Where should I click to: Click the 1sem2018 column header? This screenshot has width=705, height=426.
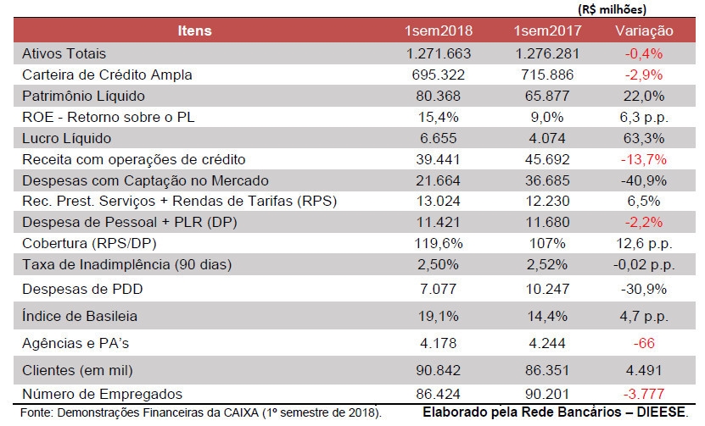(x=439, y=30)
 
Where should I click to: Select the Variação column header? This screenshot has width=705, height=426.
(x=644, y=30)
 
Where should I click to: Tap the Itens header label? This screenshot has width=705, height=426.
(x=194, y=30)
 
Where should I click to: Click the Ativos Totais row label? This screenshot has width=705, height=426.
(x=64, y=53)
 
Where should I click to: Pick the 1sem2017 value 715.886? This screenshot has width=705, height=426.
(x=547, y=75)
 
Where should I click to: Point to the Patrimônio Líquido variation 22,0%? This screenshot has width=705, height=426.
(x=644, y=96)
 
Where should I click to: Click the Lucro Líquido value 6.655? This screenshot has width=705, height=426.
(x=439, y=138)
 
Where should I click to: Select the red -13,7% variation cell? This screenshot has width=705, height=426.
(x=644, y=159)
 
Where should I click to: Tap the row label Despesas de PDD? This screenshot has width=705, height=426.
(x=82, y=289)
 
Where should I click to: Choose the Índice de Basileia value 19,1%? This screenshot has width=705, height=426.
(x=439, y=316)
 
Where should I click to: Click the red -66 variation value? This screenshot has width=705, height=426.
(x=644, y=343)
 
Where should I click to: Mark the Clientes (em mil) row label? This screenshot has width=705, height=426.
(x=77, y=370)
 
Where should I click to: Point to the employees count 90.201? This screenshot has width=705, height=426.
(x=547, y=394)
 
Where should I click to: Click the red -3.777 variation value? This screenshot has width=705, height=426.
(x=644, y=394)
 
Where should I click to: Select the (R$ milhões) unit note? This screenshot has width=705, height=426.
(x=612, y=9)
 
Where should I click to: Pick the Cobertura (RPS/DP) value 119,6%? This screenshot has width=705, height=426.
(x=439, y=243)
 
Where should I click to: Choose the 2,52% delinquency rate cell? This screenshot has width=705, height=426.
(x=547, y=264)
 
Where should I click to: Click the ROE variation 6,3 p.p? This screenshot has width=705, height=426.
(x=644, y=117)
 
